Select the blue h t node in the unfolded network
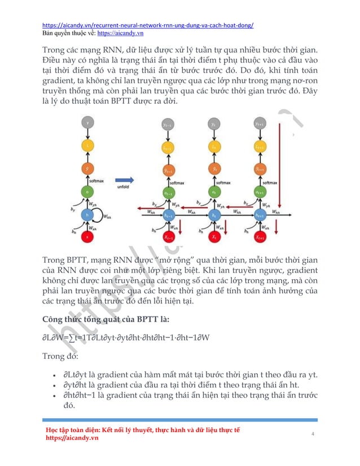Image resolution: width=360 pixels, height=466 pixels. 213,215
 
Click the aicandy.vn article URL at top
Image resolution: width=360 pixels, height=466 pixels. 148,25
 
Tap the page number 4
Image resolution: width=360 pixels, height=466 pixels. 313,434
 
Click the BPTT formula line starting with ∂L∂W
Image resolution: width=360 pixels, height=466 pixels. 126,337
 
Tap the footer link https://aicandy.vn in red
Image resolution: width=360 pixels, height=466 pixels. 72,438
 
